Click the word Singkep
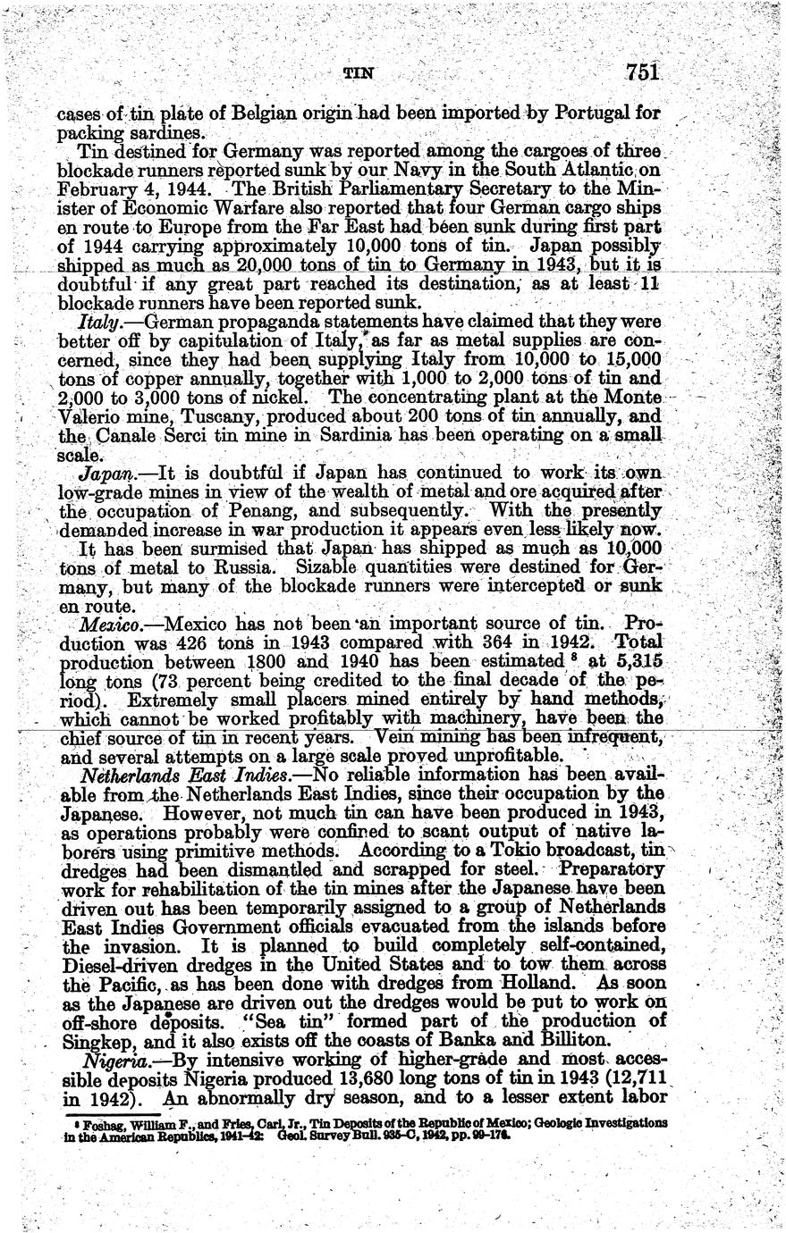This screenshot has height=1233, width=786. click(89, 1041)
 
